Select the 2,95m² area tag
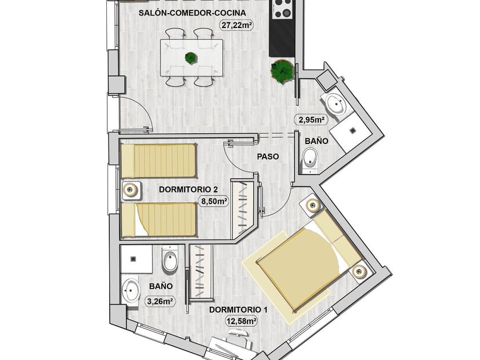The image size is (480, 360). point(310,120)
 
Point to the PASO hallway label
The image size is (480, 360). point(267,155)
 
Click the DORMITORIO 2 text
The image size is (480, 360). point(189,189)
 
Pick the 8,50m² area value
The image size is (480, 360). point(214,201)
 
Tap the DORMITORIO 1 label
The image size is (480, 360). point(238,310)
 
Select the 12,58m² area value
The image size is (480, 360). point(241,321)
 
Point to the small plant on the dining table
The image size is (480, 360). point(190,58)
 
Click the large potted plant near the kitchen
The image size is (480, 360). point(282,71)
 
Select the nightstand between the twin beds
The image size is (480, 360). point(131,190)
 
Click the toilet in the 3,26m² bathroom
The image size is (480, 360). point(170,261)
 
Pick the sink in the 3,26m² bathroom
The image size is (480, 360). point(131,290)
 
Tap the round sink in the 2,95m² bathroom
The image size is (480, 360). point(334,105)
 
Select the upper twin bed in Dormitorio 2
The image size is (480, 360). point(158,161)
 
